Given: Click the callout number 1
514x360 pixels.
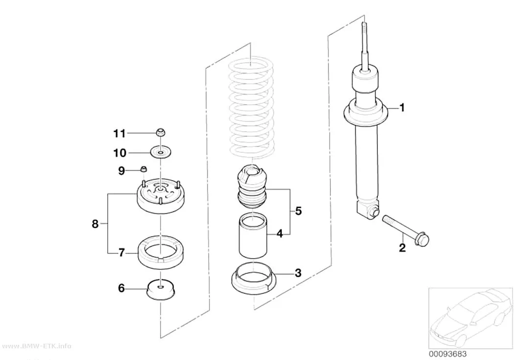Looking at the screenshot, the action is tap(402, 108).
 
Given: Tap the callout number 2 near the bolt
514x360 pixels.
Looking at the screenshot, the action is tap(402, 247).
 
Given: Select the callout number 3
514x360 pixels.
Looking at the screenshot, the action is tap(298, 273).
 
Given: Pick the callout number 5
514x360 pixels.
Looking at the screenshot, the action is tap(298, 211).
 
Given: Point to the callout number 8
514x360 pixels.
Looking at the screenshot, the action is tap(95, 224).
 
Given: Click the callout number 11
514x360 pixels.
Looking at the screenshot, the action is tap(119, 133).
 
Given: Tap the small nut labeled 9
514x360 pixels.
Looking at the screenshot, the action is tap(143, 169).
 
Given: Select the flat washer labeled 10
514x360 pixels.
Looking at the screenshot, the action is tap(161, 152).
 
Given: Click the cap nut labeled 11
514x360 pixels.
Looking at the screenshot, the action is tap(160, 132).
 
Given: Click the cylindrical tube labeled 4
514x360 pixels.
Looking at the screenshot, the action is tap(253, 236).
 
